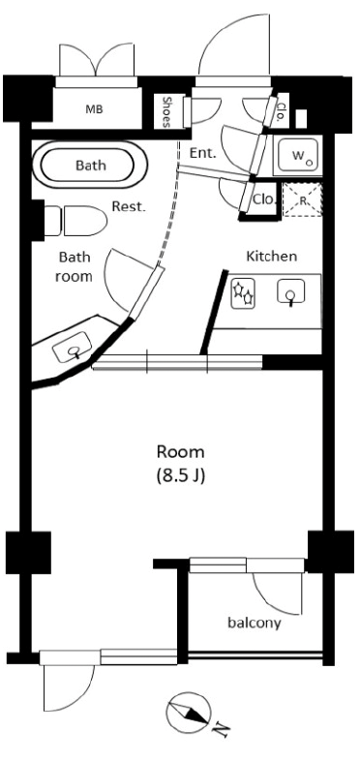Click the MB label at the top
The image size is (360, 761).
pyautogui.click(x=94, y=108)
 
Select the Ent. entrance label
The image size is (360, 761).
pyautogui.click(x=202, y=152)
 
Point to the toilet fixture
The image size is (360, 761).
pyautogui.click(x=81, y=222)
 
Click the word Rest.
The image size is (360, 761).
pyautogui.click(x=128, y=206)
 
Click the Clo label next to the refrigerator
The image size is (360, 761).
pyautogui.click(x=262, y=200)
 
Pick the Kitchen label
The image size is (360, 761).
pyautogui.click(x=271, y=257)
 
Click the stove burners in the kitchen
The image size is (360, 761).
pyautogui.click(x=242, y=293)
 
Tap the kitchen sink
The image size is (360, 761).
pyautogui.click(x=290, y=292)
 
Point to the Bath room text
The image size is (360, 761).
pyautogui.click(x=75, y=266)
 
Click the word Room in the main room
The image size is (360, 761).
pyautogui.click(x=181, y=452)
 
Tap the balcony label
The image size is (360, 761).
pyautogui.click(x=254, y=623)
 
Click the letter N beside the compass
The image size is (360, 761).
pyautogui.click(x=223, y=728)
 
